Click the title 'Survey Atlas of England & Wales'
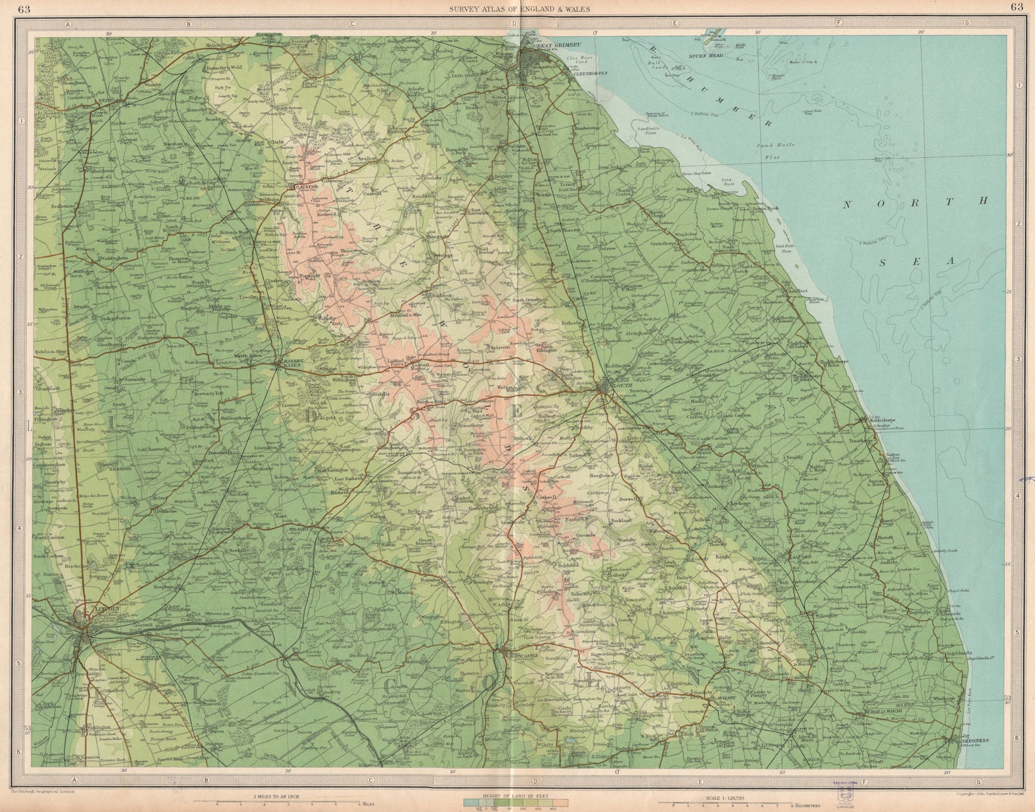517,7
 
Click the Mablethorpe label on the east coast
883,419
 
